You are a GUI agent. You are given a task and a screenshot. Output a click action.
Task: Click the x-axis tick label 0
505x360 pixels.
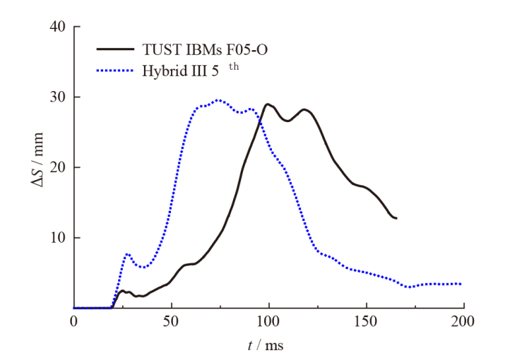point(73,322)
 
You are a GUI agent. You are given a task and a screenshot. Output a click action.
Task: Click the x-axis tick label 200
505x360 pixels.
point(463,322)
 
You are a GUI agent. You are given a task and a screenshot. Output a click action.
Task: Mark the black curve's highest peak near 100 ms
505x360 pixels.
point(268,104)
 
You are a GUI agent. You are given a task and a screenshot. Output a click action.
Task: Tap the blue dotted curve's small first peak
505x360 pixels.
point(127,254)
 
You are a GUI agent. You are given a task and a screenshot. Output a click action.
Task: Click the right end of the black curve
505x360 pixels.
point(396,218)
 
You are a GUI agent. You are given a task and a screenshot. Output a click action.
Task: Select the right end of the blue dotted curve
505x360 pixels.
point(461,284)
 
